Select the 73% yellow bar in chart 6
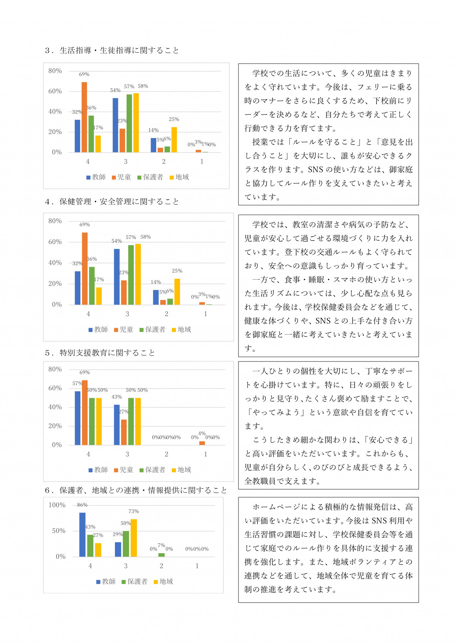[x=134, y=538]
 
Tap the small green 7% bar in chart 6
[x=162, y=555]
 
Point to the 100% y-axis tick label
[x=57, y=505]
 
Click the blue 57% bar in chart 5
[x=78, y=418]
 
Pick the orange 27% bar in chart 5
[x=124, y=432]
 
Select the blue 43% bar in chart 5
[x=117, y=425]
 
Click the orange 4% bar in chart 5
[x=202, y=443]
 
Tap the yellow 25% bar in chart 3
[x=174, y=139]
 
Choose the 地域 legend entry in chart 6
[x=163, y=582]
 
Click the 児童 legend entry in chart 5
[x=124, y=470]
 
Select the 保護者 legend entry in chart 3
[x=150, y=177]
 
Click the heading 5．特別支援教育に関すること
[x=100, y=353]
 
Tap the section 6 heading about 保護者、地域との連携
[x=136, y=490]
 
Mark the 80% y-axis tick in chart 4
[x=55, y=221]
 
